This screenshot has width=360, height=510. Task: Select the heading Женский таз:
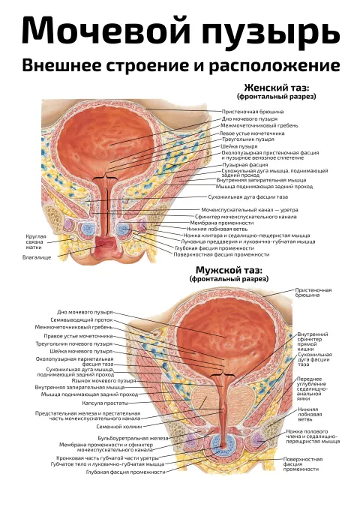click(277, 88)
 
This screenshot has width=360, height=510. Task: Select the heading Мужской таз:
click(229, 270)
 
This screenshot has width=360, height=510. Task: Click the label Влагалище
click(37, 257)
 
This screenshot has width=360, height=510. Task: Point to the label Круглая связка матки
click(36, 242)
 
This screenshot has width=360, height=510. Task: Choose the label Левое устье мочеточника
click(252, 133)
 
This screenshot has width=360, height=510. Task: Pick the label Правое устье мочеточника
click(78, 336)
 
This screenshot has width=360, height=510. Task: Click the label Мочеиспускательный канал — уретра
click(250, 210)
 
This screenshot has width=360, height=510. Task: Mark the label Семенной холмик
click(119, 427)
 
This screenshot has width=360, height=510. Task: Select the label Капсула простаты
click(105, 403)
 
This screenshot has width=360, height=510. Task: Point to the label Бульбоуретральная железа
click(133, 439)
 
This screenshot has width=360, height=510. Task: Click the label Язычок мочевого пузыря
click(103, 380)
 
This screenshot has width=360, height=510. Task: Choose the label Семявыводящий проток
click(82, 320)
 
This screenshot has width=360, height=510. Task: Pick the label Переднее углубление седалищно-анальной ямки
click(312, 389)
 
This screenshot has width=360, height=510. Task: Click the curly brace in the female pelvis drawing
click(105, 178)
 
